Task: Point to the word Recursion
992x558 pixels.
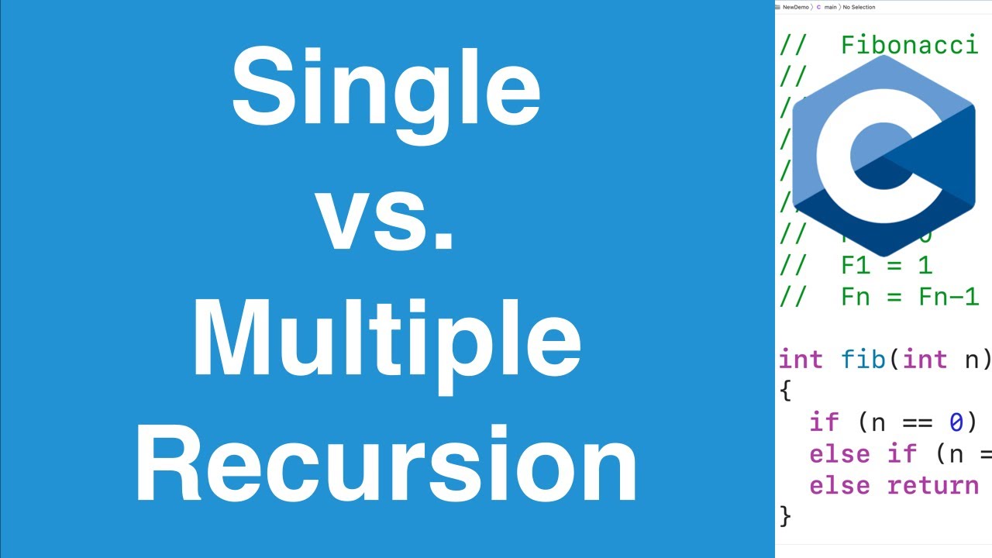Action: click(x=386, y=463)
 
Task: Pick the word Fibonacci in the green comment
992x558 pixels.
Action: click(x=909, y=46)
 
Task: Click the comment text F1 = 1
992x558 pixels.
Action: click(x=887, y=266)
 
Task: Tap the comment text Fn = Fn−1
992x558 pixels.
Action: click(x=910, y=297)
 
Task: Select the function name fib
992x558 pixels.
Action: click(x=863, y=360)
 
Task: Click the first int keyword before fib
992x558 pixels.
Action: click(x=801, y=360)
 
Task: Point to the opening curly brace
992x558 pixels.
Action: click(x=785, y=391)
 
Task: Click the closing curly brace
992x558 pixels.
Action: click(x=785, y=515)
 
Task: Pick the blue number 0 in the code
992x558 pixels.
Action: click(x=956, y=422)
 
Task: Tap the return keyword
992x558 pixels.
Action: click(x=933, y=485)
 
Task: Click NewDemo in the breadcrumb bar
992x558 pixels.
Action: click(x=795, y=7)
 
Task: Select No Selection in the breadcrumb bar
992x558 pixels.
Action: click(x=859, y=7)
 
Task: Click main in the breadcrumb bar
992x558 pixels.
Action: click(x=831, y=7)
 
